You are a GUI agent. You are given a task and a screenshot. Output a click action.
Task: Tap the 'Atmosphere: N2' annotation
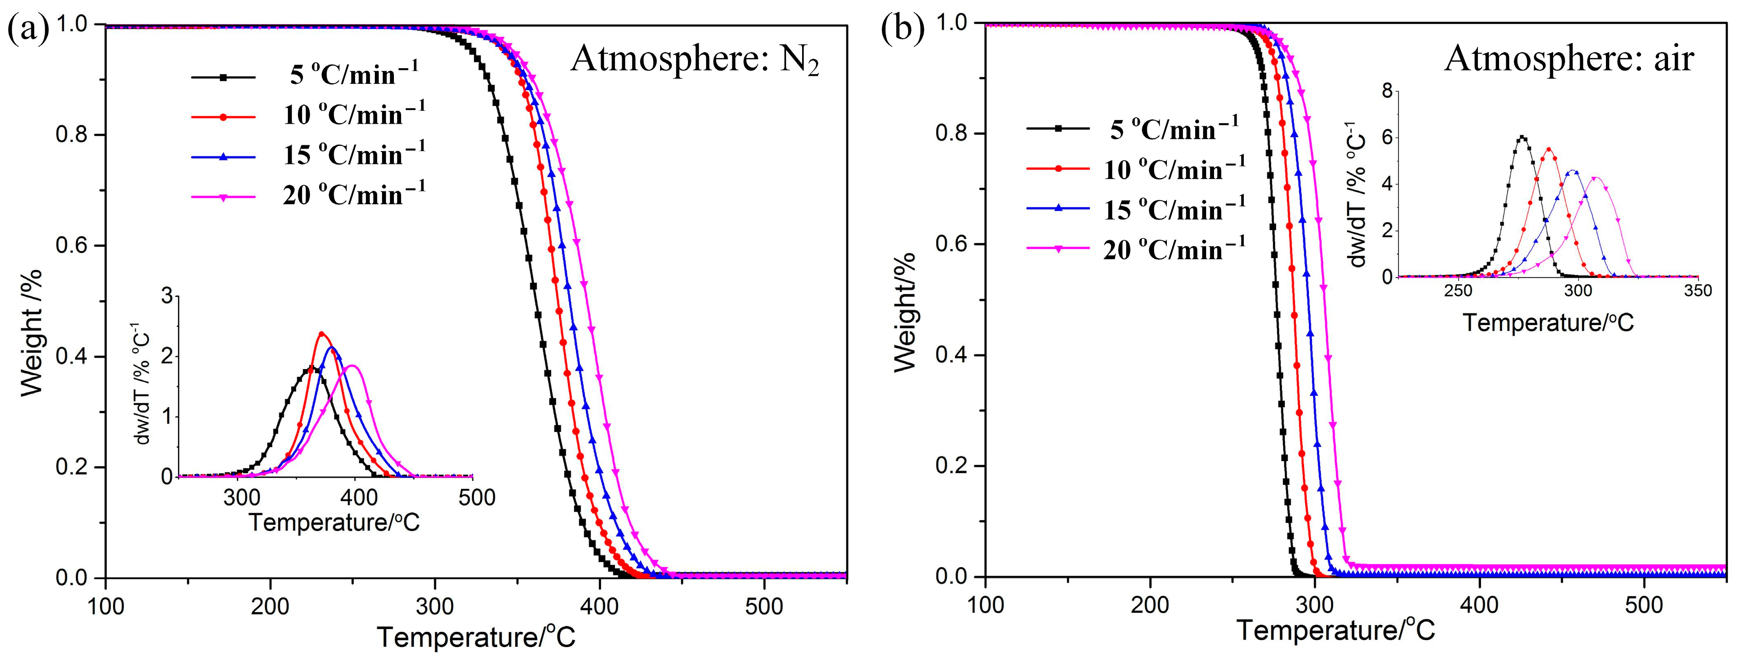click(x=694, y=60)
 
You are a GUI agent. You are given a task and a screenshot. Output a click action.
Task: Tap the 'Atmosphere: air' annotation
click(x=1569, y=58)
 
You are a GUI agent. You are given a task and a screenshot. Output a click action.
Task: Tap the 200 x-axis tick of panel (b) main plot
click(x=1150, y=604)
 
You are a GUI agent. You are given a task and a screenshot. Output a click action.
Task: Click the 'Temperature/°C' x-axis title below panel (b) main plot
click(x=1335, y=630)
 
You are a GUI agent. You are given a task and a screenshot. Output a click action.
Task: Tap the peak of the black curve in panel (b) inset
click(x=1522, y=137)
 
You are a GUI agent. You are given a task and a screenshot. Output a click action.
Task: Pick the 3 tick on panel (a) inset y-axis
click(x=167, y=296)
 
